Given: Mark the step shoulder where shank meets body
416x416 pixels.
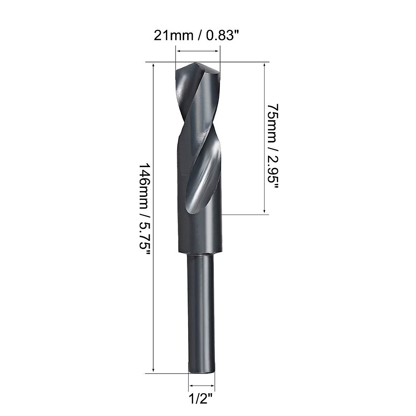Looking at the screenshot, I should pyautogui.click(x=199, y=255).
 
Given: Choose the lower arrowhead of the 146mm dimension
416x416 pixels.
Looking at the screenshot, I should pyautogui.click(x=153, y=370).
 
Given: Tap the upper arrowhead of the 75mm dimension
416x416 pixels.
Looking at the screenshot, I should pyautogui.click(x=265, y=66).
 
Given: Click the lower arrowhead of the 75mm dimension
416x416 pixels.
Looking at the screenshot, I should pyautogui.click(x=265, y=211).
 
